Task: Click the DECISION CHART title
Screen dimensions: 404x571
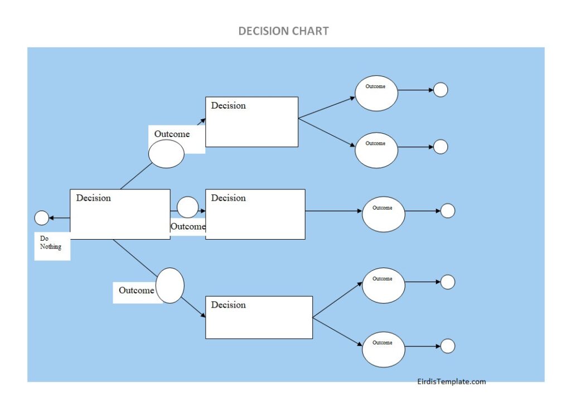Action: pyautogui.click(x=283, y=31)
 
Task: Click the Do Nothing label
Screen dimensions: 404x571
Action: pyautogui.click(x=51, y=243)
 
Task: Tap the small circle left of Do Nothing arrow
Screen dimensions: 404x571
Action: pyautogui.click(x=42, y=218)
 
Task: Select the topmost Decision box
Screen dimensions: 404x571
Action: pyautogui.click(x=251, y=122)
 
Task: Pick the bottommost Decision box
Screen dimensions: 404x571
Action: pyautogui.click(x=259, y=317)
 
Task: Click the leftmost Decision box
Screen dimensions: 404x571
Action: pyautogui.click(x=120, y=215)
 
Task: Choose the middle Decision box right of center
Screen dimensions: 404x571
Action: pyautogui.click(x=255, y=215)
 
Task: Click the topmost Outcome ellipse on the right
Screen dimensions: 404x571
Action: pyautogui.click(x=376, y=93)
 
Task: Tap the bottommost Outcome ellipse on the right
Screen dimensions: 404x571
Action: pyautogui.click(x=383, y=349)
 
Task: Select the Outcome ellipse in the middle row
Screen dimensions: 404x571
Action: pyautogui.click(x=383, y=214)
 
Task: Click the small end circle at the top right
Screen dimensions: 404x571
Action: pyautogui.click(x=441, y=90)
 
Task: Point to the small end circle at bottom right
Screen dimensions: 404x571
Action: pyautogui.click(x=448, y=346)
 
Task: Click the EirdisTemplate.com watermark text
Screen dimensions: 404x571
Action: pyautogui.click(x=452, y=382)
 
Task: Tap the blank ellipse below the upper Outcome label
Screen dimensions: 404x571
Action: pyautogui.click(x=166, y=154)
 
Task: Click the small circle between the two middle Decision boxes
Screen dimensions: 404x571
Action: pyautogui.click(x=187, y=207)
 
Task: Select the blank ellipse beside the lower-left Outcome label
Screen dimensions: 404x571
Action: pyautogui.click(x=170, y=285)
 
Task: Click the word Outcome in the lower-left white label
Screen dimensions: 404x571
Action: pyautogui.click(x=136, y=290)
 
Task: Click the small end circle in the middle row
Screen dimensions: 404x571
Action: pyautogui.click(x=448, y=211)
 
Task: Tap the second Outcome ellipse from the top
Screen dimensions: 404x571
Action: pyautogui.click(x=376, y=150)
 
